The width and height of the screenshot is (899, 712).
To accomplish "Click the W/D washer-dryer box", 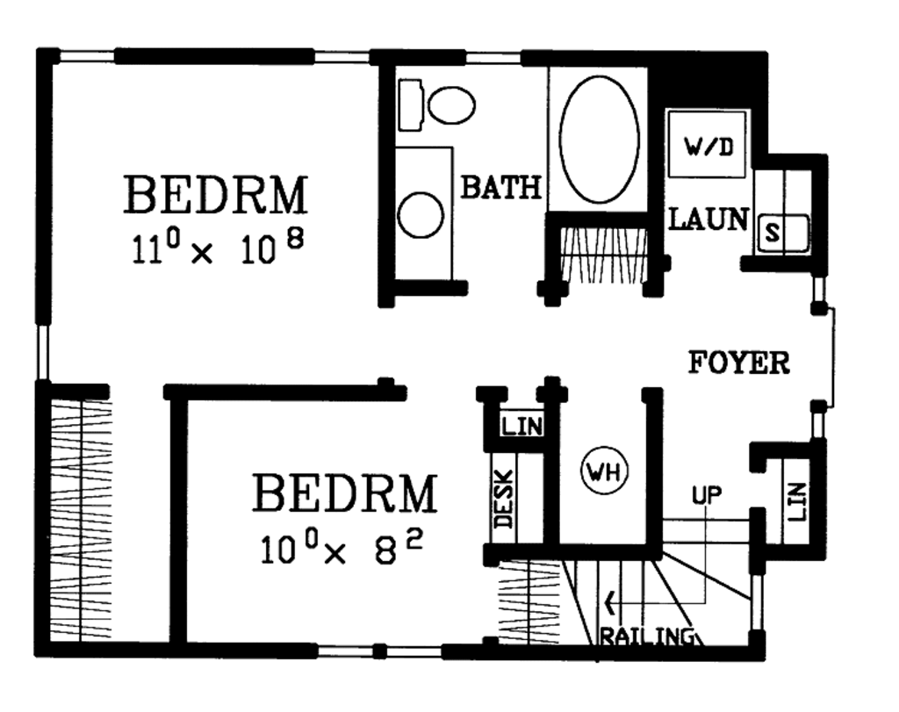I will (x=707, y=145).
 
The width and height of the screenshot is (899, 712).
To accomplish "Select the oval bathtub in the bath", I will (x=599, y=140).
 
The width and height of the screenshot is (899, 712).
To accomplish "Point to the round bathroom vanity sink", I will (x=421, y=214).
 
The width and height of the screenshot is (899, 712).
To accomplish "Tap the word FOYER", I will (x=738, y=362).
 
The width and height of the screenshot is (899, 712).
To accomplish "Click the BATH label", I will (x=501, y=187).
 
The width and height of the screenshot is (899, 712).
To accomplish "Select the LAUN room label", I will (x=708, y=219).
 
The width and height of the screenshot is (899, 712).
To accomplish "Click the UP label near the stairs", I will (x=706, y=495).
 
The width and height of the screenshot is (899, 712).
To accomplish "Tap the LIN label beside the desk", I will (x=521, y=428).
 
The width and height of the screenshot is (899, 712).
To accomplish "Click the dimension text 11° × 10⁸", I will (x=217, y=248).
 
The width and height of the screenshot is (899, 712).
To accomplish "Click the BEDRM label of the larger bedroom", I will (x=216, y=195).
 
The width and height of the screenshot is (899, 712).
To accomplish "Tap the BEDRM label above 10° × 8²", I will (x=344, y=493).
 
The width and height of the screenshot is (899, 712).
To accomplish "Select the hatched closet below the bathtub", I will (x=601, y=255).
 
